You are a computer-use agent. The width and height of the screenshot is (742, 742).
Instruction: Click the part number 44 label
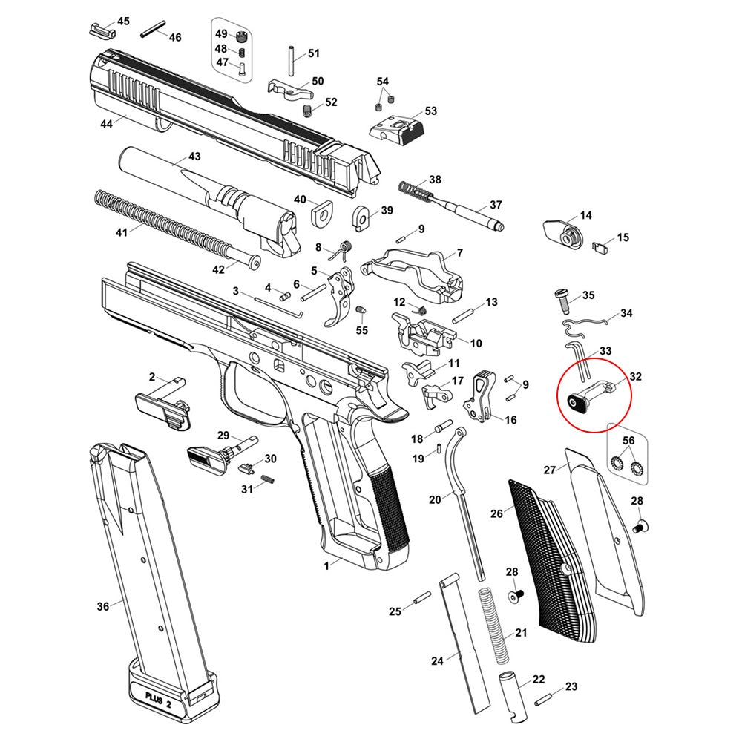click(106, 124)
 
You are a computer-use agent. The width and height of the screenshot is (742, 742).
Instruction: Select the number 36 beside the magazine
click(103, 607)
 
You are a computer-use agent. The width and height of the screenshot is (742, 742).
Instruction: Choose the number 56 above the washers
click(628, 441)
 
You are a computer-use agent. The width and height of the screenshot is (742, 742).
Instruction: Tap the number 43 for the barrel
click(194, 157)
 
